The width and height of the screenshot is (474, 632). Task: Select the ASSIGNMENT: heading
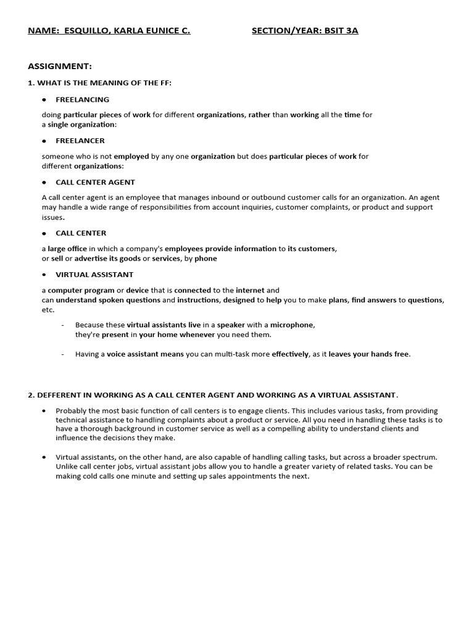pyautogui.click(x=60, y=66)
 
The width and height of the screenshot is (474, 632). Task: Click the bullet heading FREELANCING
pyautogui.click(x=82, y=99)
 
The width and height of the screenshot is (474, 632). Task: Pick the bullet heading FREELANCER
pyautogui.click(x=80, y=141)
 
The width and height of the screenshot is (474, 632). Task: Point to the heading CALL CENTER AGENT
pyautogui.click(x=95, y=183)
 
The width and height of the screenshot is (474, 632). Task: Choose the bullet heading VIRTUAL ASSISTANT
pyautogui.click(x=94, y=275)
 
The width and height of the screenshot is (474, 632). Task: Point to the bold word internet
pyautogui.click(x=250, y=290)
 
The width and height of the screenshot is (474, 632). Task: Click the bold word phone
pyautogui.click(x=206, y=259)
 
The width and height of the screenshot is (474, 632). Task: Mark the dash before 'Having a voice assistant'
pyautogui.click(x=63, y=354)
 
